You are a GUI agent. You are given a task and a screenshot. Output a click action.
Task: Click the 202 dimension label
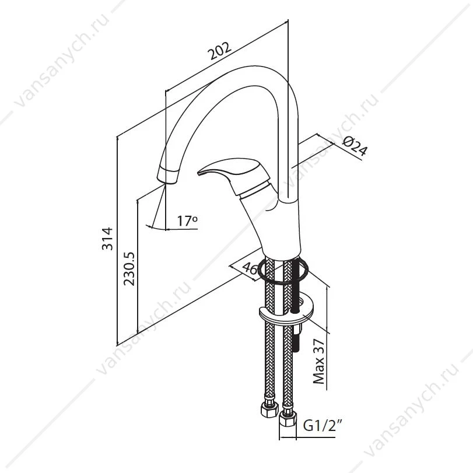220,51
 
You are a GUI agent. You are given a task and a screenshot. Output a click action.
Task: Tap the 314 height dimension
107,239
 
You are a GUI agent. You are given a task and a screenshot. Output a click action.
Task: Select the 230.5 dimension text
130,269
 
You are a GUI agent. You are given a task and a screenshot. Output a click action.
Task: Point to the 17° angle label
187,220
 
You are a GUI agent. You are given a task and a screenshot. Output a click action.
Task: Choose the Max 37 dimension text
318,361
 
